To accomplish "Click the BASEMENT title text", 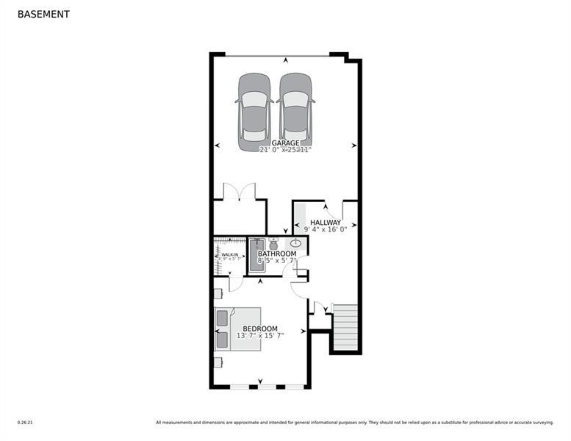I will click(43, 14).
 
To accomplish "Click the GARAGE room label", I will click(285, 143).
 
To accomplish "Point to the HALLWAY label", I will click(325, 222).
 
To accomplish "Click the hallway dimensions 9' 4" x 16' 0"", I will click(325, 230).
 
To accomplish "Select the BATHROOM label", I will click(276, 254).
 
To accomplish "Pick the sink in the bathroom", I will click(296, 243).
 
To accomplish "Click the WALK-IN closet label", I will click(230, 255).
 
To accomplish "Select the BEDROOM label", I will click(260, 328).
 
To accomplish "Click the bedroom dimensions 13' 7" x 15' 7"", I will click(260, 336).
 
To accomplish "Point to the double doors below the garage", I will click(239, 192).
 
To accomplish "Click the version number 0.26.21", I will click(26, 422).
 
